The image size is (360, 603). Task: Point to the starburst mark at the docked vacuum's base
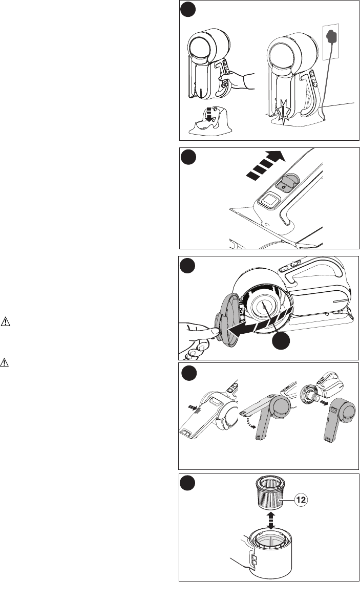pos(283,112)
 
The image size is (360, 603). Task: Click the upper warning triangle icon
pos(6,321)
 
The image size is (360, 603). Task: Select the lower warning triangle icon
pos(4,362)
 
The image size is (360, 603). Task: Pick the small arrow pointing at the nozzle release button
pos(191,406)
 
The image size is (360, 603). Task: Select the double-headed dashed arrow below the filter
pos(271,520)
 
